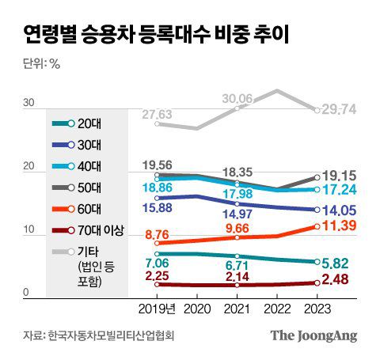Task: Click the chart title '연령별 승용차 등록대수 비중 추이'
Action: point(155,34)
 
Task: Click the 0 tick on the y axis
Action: point(26,293)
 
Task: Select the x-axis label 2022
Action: point(276,309)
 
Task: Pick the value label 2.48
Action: point(336,280)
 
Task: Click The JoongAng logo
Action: point(313,335)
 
